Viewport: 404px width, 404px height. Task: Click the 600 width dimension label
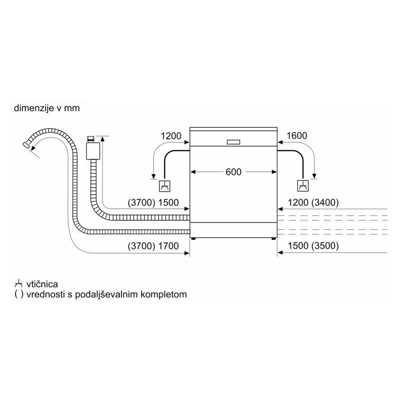(233, 172)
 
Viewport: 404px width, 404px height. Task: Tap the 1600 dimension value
(297, 136)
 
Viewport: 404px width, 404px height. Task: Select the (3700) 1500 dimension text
(153, 202)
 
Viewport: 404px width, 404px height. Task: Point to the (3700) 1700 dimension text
(153, 246)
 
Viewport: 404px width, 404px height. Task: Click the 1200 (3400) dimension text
(313, 202)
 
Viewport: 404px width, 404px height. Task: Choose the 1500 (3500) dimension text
(313, 246)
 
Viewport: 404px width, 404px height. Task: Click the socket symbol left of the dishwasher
(165, 186)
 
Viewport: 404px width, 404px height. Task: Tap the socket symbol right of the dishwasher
(303, 186)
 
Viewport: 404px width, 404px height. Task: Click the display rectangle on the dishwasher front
(233, 142)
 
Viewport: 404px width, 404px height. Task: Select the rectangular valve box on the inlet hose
(93, 151)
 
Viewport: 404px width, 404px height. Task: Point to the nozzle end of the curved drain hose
(26, 145)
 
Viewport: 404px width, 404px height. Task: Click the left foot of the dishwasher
(193, 239)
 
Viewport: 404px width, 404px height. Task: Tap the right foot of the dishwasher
(273, 239)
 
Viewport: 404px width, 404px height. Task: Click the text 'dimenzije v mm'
(47, 108)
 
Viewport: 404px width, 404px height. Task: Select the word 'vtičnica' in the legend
(42, 284)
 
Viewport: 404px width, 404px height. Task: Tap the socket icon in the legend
(18, 284)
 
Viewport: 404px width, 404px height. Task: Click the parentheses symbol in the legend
(19, 294)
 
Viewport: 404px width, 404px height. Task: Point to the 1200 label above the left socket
(171, 136)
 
